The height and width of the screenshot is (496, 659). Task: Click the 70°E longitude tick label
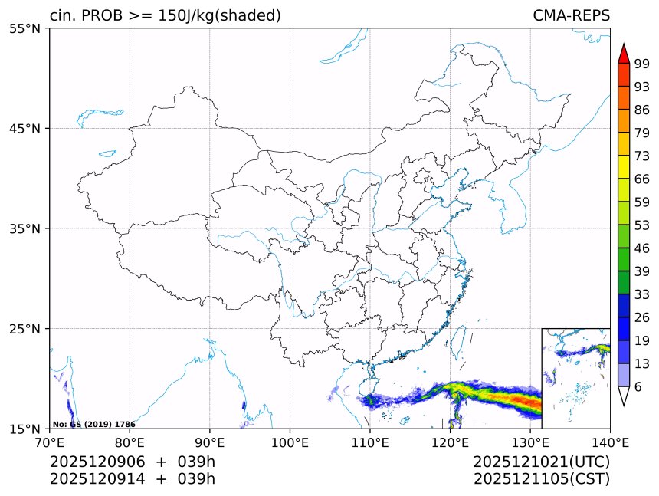pyautogui.click(x=50, y=442)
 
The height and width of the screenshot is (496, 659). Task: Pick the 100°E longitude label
pyautogui.click(x=290, y=442)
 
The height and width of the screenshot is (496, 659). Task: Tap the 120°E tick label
pyautogui.click(x=450, y=442)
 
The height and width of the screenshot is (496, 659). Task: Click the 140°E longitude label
pyautogui.click(x=610, y=442)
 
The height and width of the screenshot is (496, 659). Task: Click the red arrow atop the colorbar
pyautogui.click(x=624, y=54)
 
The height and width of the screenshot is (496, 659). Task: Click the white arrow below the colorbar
pyautogui.click(x=624, y=396)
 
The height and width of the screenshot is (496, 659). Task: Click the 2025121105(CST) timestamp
pyautogui.click(x=541, y=479)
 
